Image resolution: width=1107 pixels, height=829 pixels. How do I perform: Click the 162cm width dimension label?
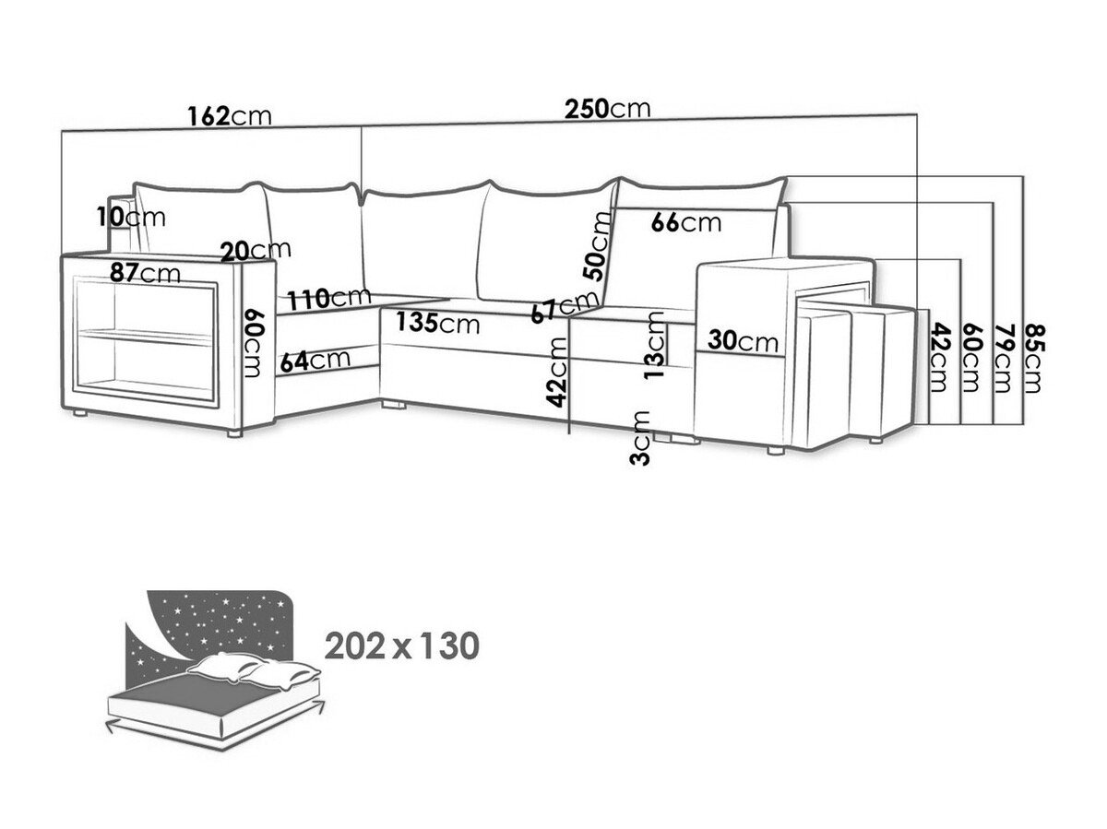point(230,116)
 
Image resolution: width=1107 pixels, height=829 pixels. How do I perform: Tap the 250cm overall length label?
point(607,109)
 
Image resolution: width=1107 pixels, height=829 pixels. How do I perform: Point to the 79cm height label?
point(1003,359)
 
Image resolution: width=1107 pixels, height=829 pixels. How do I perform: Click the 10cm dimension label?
point(131,218)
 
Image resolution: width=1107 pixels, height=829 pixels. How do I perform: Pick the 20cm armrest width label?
point(256,251)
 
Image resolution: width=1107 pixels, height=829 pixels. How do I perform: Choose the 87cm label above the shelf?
point(145,273)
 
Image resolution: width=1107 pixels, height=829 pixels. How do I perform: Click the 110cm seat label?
point(330,299)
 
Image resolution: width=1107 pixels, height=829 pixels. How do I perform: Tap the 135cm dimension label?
point(437,323)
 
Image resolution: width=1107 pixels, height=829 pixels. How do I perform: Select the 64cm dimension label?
point(315,361)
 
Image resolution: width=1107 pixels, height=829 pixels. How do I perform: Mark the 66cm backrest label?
point(686,222)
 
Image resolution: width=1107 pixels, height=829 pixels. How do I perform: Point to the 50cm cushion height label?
point(597,245)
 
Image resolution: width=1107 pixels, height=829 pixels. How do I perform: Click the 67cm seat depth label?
point(565,307)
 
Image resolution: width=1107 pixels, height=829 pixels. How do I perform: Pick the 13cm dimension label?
point(655,345)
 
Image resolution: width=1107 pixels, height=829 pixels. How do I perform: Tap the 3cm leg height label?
point(640,438)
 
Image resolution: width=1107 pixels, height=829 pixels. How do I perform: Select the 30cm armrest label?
point(743,341)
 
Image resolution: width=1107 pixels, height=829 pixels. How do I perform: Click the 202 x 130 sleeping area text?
point(401,645)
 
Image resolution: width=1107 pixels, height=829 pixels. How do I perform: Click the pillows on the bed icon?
point(254,669)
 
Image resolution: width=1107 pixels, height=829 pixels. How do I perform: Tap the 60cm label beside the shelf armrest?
point(256,343)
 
